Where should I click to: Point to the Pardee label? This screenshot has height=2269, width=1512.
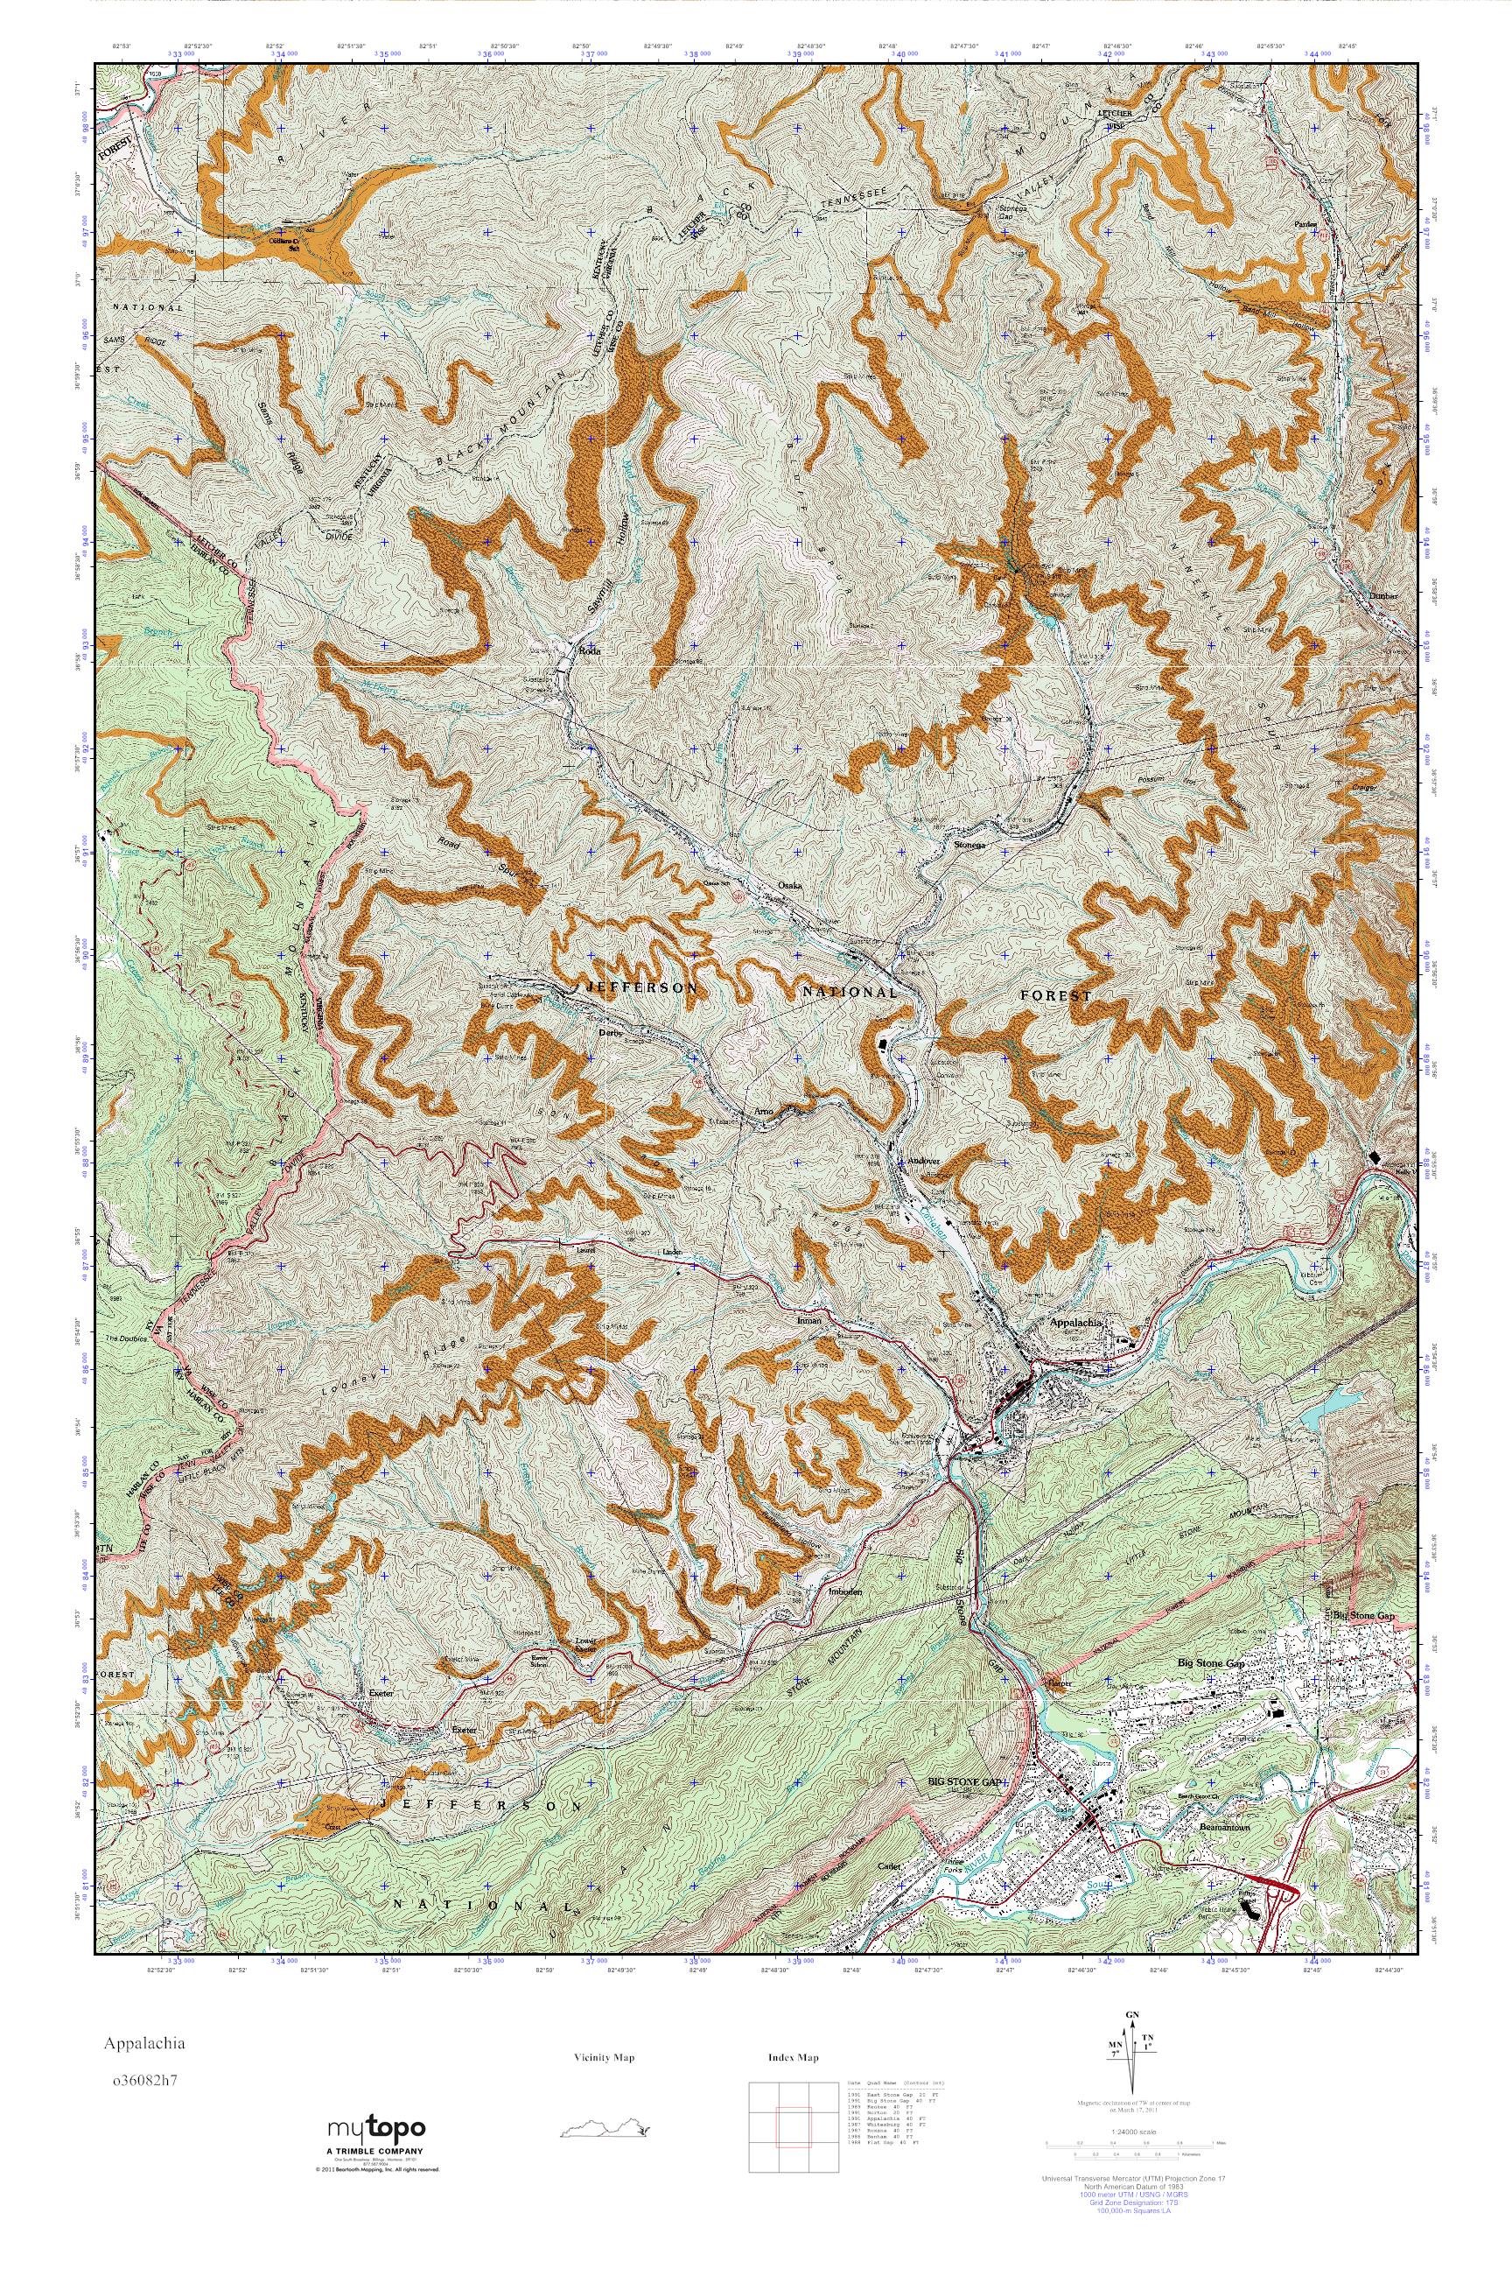pos(1306,225)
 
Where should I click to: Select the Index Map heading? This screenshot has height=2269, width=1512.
pos(794,2058)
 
